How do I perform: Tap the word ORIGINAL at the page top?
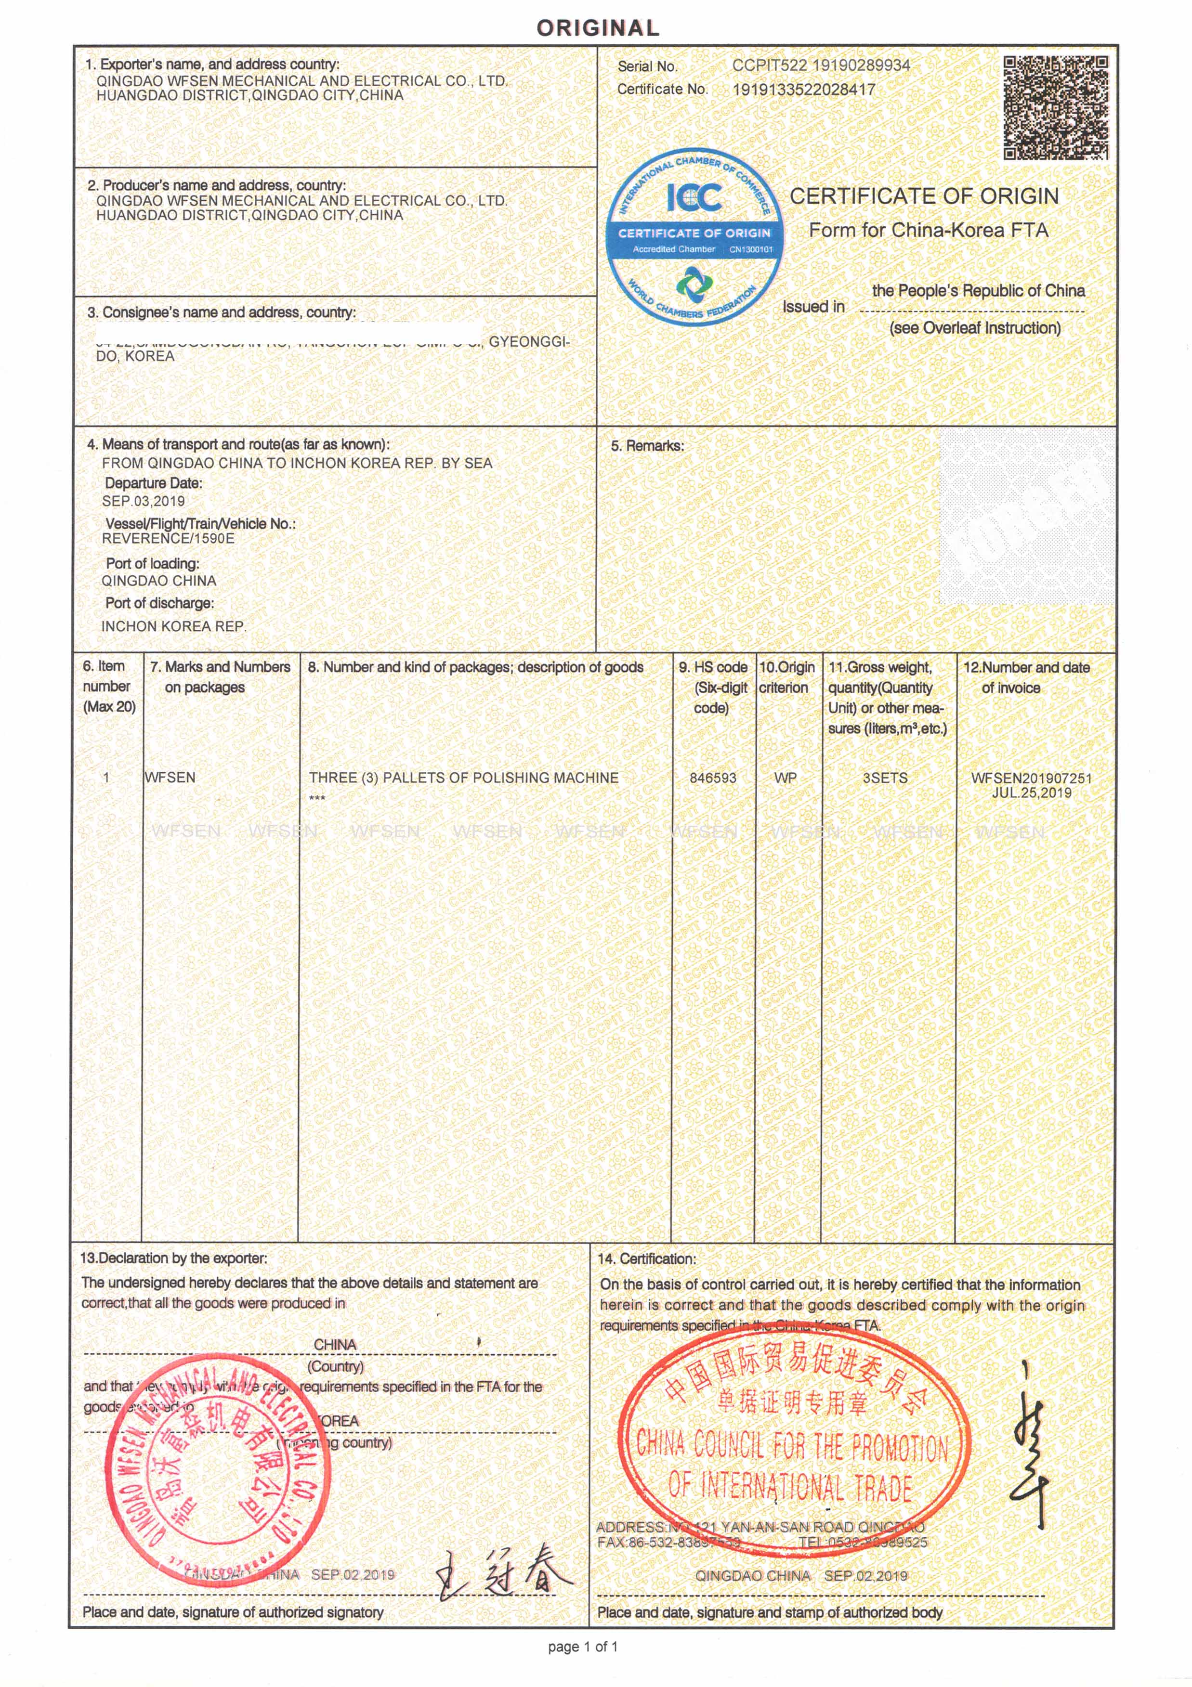tap(598, 28)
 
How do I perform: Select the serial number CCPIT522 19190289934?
tap(821, 65)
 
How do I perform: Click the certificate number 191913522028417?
tap(804, 90)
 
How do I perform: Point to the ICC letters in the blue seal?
tap(694, 197)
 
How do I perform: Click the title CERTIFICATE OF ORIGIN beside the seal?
tap(924, 196)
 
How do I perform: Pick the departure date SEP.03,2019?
tap(144, 501)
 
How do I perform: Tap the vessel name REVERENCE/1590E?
tap(168, 539)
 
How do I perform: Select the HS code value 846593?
tap(712, 778)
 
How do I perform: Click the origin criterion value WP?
tap(785, 778)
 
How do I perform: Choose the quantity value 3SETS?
tap(885, 778)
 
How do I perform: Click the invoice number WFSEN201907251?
tap(1031, 778)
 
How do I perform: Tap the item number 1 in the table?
tap(106, 778)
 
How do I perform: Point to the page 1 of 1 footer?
tap(583, 1647)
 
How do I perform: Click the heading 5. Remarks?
tap(647, 446)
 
